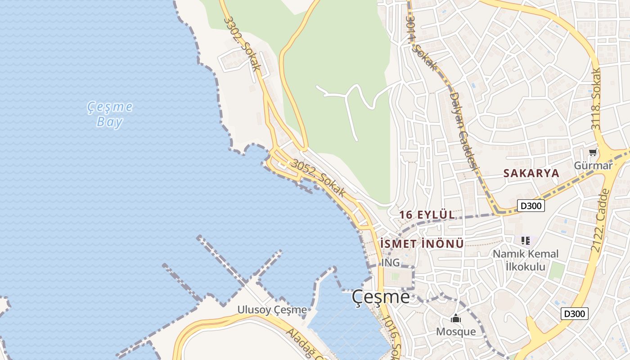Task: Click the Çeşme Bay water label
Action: [110, 114]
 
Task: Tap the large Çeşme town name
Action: [381, 297]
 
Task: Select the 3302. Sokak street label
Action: [242, 44]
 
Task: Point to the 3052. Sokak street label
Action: [318, 178]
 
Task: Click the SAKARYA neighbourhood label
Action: [531, 173]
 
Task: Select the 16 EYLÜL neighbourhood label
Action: [427, 215]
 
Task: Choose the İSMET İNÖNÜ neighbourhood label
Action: [422, 244]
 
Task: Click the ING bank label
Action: [390, 262]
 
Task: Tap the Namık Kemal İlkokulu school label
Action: [525, 260]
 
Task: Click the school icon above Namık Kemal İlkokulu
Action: [525, 241]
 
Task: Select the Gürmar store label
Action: [593, 166]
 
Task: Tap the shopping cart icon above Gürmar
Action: [593, 153]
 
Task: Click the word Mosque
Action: [456, 332]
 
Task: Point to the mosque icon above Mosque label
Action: [456, 319]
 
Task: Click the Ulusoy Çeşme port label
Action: [272, 310]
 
